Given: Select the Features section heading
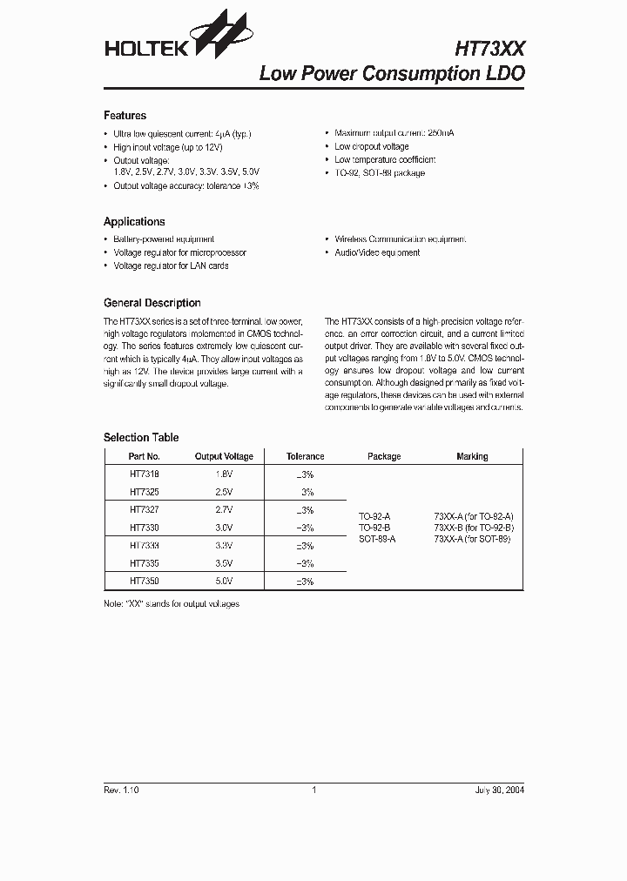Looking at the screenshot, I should [x=125, y=116].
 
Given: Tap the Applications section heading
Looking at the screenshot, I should [x=134, y=222].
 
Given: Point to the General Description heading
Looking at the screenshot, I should [x=152, y=303].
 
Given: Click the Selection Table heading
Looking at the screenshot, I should [x=141, y=438].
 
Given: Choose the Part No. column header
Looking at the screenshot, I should [x=144, y=456].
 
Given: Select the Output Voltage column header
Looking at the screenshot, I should [x=224, y=456].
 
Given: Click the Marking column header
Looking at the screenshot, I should [x=472, y=456].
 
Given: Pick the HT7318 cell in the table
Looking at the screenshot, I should [x=144, y=474].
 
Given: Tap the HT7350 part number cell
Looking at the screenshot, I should [x=144, y=581].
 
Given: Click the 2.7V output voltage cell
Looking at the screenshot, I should [x=224, y=510].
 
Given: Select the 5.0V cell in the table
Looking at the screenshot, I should [x=224, y=581].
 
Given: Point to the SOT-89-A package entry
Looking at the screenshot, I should [x=377, y=540].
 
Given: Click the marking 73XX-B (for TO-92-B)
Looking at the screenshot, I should [x=474, y=528].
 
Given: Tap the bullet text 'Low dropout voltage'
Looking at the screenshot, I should [x=371, y=147].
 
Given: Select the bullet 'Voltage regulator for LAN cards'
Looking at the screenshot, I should [x=171, y=266].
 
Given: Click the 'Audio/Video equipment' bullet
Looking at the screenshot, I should [x=377, y=252].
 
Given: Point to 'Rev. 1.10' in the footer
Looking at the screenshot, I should [x=121, y=790].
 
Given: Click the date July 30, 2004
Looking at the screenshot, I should [x=500, y=790].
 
